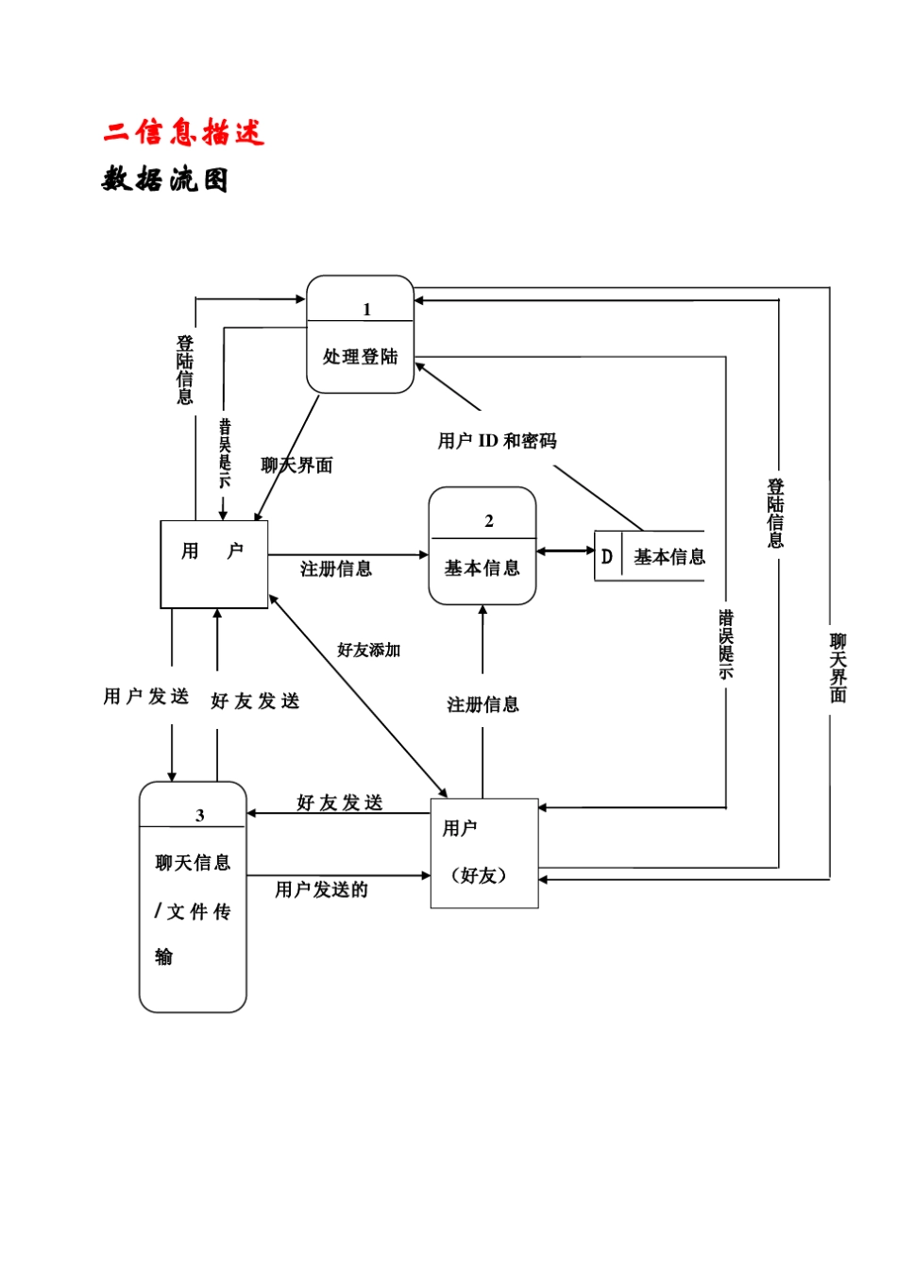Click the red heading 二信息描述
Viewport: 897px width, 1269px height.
pyautogui.click(x=184, y=132)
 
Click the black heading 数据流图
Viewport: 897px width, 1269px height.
pyautogui.click(x=165, y=178)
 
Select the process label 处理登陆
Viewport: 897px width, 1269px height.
pyautogui.click(x=360, y=357)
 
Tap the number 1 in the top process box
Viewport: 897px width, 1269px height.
pyautogui.click(x=366, y=310)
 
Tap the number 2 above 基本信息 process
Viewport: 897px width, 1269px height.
pyautogui.click(x=488, y=521)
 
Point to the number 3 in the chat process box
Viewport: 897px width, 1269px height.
pyautogui.click(x=199, y=816)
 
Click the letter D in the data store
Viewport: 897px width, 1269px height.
pyautogui.click(x=607, y=557)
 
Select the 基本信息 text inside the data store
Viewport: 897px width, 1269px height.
pyautogui.click(x=669, y=557)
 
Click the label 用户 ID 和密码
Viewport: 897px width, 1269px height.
pyautogui.click(x=497, y=441)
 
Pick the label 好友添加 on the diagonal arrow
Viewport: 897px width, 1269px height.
pyautogui.click(x=368, y=650)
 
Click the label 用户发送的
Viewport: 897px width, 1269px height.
pyautogui.click(x=321, y=889)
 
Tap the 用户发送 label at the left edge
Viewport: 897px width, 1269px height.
pyautogui.click(x=146, y=697)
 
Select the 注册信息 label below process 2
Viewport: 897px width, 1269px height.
pyautogui.click(x=482, y=704)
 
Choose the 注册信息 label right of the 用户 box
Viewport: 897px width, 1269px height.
pyautogui.click(x=335, y=568)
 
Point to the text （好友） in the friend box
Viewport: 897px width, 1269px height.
pyautogui.click(x=479, y=875)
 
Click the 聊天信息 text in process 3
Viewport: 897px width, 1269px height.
pyautogui.click(x=193, y=863)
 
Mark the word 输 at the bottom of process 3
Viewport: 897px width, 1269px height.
pyautogui.click(x=164, y=957)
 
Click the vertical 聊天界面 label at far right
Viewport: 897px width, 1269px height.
pyautogui.click(x=838, y=668)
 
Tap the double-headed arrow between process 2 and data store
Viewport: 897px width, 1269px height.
pyautogui.click(x=565, y=550)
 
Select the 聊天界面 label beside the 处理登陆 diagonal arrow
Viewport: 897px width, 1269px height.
pyautogui.click(x=296, y=465)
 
